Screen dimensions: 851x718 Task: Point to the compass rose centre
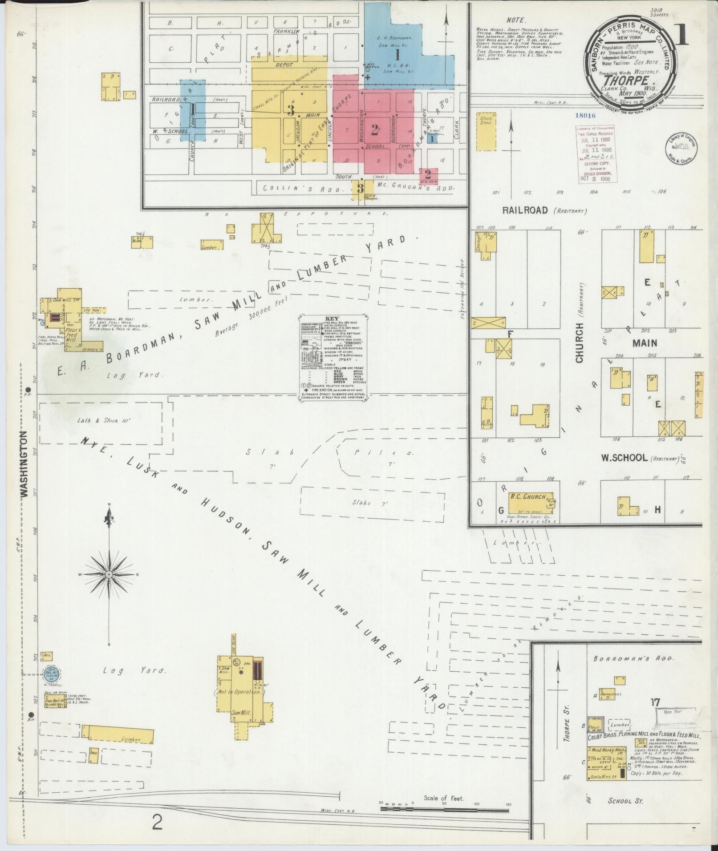109,575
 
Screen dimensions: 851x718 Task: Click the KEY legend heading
333,319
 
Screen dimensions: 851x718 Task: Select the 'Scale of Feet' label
443,798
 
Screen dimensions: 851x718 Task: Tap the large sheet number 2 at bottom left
157,823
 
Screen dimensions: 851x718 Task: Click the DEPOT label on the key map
284,65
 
